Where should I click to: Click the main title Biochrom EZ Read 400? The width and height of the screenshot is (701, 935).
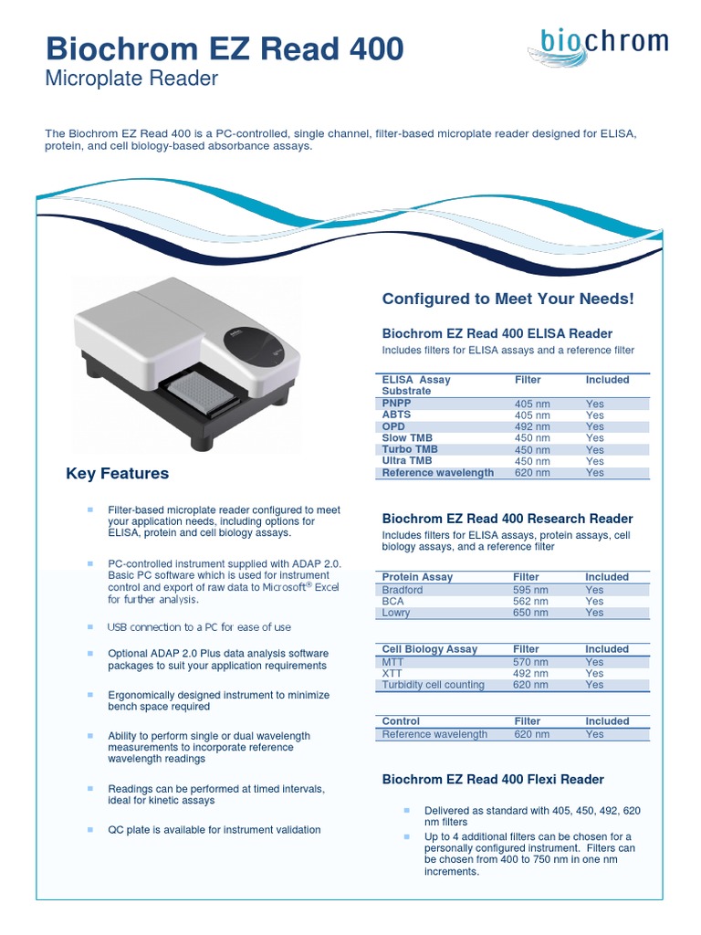coord(224,48)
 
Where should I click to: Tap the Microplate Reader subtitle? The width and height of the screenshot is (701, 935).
coord(131,79)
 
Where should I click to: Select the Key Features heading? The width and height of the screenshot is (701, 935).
coord(117,473)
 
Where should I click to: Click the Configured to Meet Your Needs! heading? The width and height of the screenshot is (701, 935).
coord(507,299)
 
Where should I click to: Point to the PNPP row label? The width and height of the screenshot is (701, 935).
coord(396,403)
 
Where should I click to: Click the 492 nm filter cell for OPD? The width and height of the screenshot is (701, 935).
coord(532,426)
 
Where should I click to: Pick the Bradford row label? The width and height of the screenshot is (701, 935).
coord(403,590)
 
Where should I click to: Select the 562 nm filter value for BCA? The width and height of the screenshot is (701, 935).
coord(531,602)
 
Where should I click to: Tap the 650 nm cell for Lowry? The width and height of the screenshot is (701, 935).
coord(531,613)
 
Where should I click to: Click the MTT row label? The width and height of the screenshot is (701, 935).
coord(392,662)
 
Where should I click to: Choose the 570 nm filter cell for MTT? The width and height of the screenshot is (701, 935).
coord(531,662)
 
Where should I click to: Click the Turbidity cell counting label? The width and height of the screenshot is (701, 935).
coord(433,685)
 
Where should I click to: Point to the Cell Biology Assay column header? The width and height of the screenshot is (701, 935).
coord(429,649)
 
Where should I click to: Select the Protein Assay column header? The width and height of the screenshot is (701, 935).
coord(417,577)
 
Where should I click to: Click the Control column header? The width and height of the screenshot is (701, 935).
coord(401,721)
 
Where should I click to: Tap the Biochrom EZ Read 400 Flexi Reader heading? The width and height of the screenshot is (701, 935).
coord(493,780)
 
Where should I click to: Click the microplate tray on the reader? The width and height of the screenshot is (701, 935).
coord(203,390)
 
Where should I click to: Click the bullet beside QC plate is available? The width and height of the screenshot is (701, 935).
coord(90,829)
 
